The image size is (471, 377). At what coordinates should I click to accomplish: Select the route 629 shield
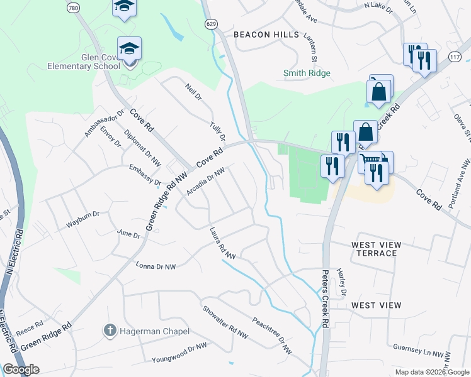(x=212, y=23)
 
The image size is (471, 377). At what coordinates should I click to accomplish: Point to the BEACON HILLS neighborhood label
(x=266, y=35)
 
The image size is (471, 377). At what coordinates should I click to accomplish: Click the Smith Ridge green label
(x=307, y=73)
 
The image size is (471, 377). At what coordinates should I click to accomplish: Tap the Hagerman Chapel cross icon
(x=110, y=330)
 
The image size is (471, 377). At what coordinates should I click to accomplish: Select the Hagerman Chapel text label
(x=150, y=331)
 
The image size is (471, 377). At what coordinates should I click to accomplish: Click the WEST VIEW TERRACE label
(x=374, y=248)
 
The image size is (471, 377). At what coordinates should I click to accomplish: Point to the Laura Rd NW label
(x=223, y=243)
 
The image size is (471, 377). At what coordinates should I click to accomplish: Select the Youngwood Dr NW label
(x=179, y=354)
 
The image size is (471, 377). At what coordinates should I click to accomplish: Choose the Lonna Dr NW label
(x=156, y=266)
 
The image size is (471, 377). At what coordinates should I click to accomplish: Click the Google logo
(x=20, y=369)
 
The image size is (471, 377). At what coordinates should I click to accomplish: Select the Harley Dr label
(x=343, y=281)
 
